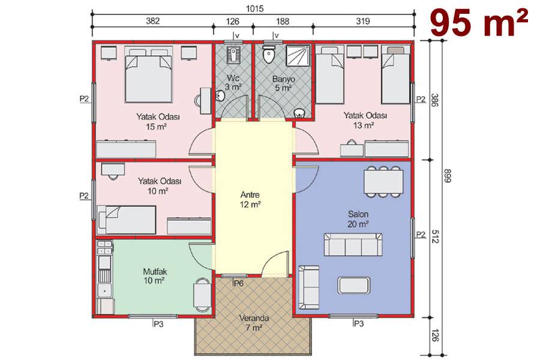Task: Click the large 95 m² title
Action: coord(479,23)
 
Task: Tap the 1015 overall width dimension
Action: coord(254,8)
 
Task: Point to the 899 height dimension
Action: coord(447,175)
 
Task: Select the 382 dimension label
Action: coord(152,21)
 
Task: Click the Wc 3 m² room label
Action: coord(233,83)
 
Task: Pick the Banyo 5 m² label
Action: coord(283,83)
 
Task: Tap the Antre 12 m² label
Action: coord(250,200)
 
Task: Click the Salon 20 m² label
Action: coord(358,219)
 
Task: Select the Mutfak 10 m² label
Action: coord(155,276)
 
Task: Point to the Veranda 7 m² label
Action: coord(254,323)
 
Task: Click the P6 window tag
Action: coord(238,284)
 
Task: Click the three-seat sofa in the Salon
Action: coord(353,245)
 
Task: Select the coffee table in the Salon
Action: coord(354,285)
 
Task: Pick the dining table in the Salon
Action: coord(383,182)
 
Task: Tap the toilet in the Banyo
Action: coord(268,53)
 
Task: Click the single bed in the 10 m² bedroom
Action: coord(127,220)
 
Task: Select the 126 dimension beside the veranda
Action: coord(434,335)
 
